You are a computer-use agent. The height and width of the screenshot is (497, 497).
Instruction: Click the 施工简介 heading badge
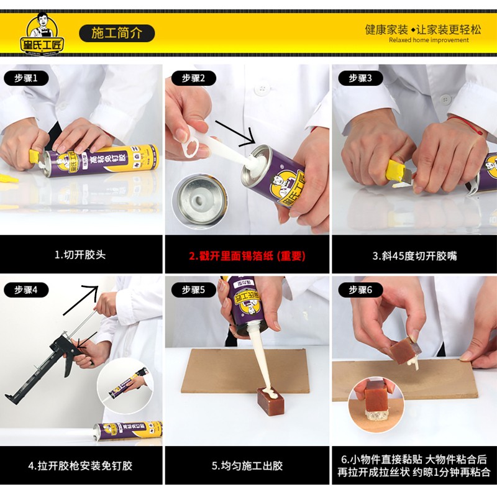[x=117, y=33]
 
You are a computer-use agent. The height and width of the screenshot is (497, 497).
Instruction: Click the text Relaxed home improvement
[x=429, y=40]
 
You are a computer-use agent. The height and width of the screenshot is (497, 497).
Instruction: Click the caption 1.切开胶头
[x=80, y=255]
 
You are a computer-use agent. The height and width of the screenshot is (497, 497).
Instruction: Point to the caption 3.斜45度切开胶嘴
[x=414, y=255]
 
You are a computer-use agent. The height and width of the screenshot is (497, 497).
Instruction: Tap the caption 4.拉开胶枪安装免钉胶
[x=80, y=465]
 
